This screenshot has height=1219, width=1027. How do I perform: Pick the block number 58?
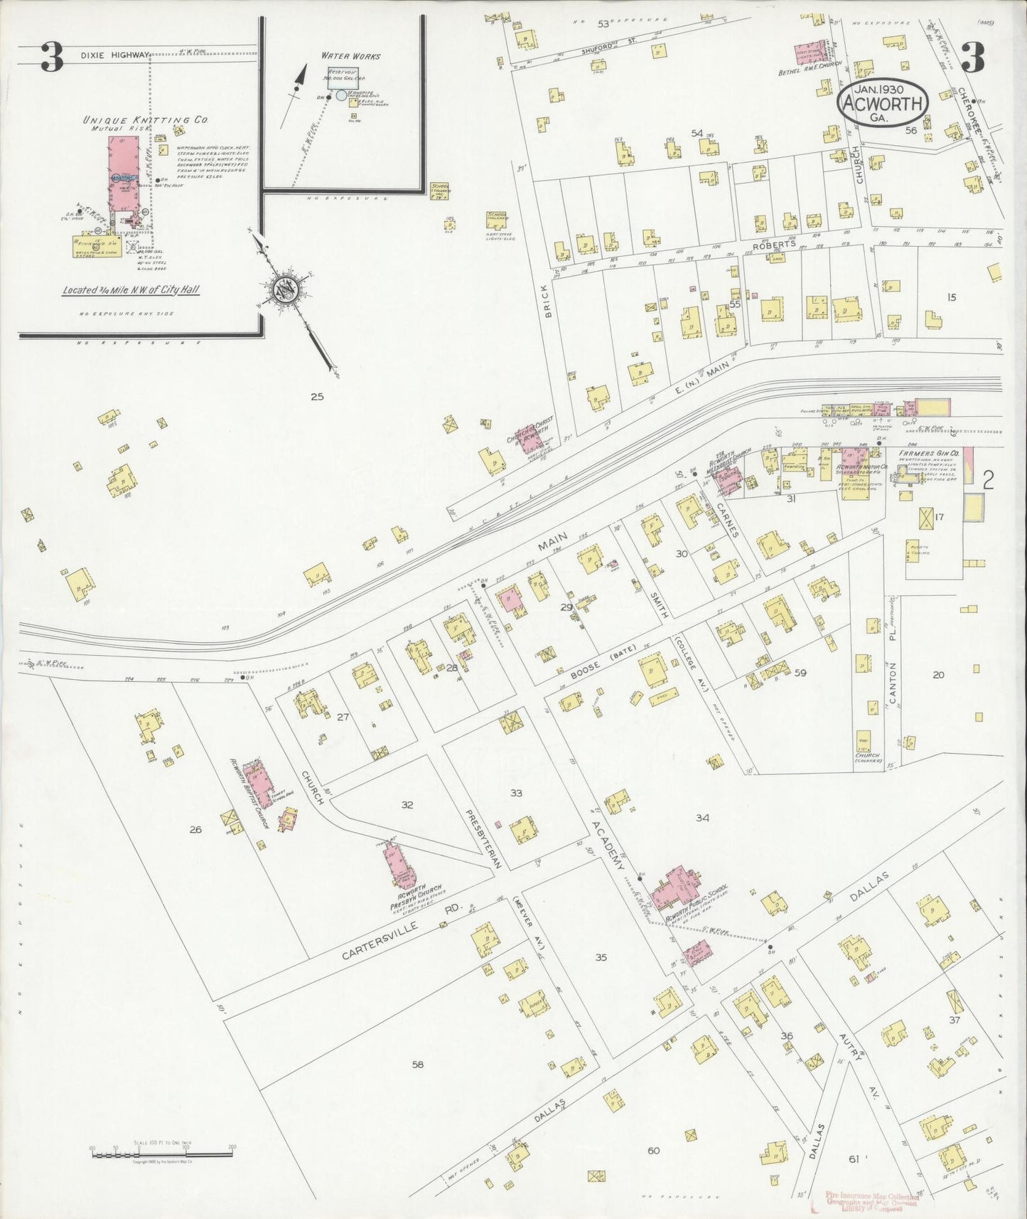417,1064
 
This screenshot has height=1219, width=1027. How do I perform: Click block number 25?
317,396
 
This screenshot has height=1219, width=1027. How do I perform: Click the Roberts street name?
775,244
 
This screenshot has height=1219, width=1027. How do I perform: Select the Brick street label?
548,304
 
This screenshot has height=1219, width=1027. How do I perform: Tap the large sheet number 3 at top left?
50,58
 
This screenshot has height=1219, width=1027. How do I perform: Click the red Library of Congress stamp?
872,1201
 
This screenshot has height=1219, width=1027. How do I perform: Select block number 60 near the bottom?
653,1151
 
